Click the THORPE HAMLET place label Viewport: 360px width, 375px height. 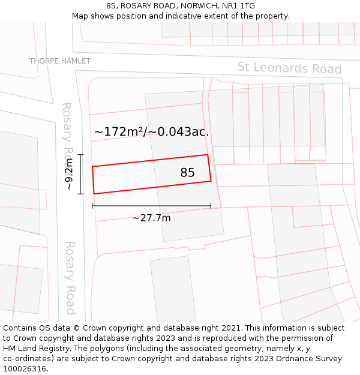[x=60, y=61]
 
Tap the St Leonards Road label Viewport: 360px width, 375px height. [x=289, y=68]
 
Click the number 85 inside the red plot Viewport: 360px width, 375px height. [x=187, y=173]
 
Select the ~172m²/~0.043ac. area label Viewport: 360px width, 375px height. [x=152, y=132]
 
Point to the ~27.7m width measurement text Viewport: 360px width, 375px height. [x=151, y=218]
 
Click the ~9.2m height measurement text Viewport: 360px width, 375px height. [x=69, y=174]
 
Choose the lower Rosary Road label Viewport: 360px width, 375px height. [x=70, y=277]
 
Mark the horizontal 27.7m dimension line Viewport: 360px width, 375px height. [x=151, y=206]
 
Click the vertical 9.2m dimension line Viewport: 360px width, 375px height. [x=80, y=174]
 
